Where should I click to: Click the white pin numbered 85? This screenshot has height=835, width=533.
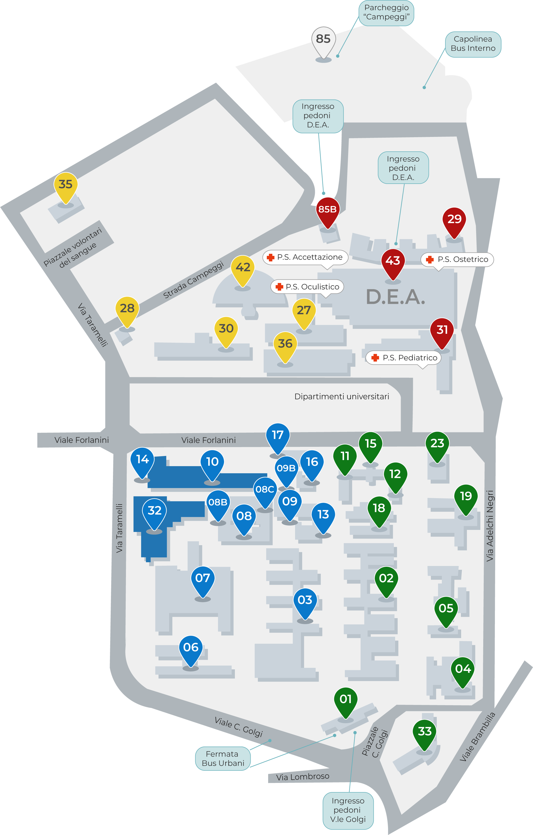pos(323,39)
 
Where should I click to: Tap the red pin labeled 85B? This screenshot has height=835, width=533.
pos(328,210)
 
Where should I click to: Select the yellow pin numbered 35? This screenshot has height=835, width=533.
pos(66,184)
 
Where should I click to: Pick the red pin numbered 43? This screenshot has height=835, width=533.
pos(393,261)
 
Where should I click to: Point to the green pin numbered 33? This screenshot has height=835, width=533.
pos(425,732)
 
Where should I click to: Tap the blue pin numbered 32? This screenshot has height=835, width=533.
pos(154,511)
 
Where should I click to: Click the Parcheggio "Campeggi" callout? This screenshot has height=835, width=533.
pos(386,12)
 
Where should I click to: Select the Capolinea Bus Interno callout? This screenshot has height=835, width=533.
pos(473,44)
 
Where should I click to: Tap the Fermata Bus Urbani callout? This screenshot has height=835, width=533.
pos(222,758)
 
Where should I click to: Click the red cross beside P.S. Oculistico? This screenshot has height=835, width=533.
pos(279,287)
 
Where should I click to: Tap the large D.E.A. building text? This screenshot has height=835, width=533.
pos(395,297)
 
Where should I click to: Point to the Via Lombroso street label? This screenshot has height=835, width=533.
pos(302,777)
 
